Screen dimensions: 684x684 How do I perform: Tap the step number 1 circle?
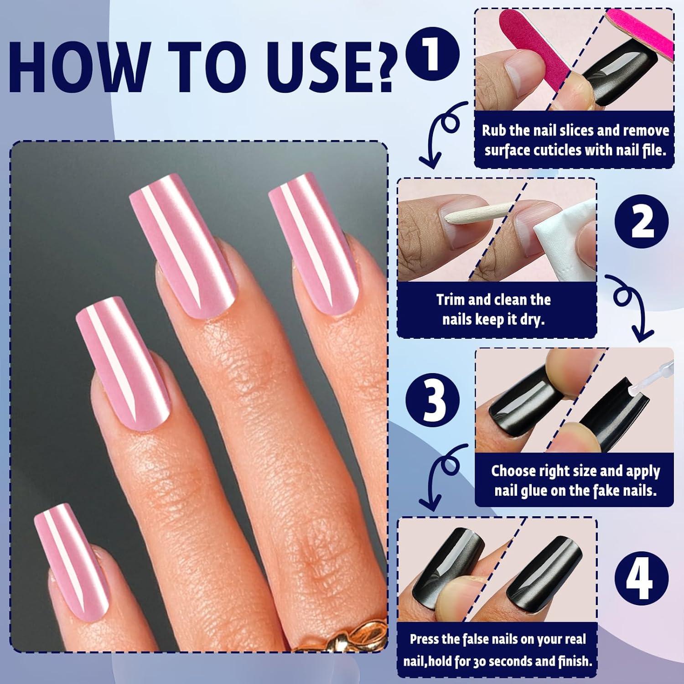pyautogui.click(x=431, y=55)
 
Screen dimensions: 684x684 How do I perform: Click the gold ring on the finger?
pyautogui.click(x=337, y=634)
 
